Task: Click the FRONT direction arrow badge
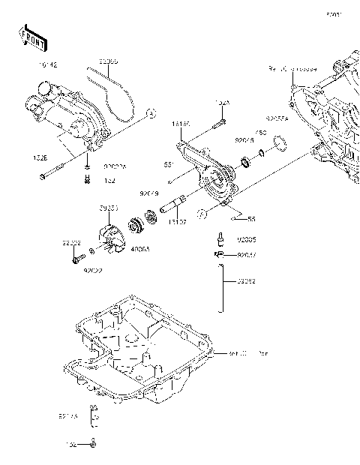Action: (30, 35)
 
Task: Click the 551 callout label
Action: (170, 164)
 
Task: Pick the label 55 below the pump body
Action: (251, 219)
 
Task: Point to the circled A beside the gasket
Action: (150, 114)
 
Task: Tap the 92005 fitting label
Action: (247, 241)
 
